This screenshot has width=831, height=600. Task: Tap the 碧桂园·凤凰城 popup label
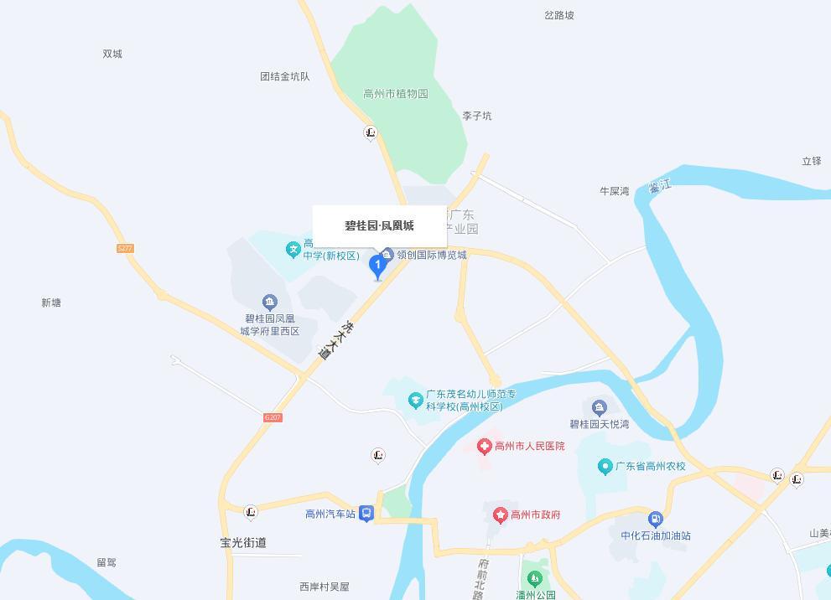379,225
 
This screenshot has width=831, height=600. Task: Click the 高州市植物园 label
396,94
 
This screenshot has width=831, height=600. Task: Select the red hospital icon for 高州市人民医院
484,447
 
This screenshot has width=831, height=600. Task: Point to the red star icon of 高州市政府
501,515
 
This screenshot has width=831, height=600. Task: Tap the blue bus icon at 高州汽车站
366,514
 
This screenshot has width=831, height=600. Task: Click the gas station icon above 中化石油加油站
656,520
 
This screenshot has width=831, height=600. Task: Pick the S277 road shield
125,248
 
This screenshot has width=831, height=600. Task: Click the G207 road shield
273,417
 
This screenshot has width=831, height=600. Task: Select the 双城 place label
112,54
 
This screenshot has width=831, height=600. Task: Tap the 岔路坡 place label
559,15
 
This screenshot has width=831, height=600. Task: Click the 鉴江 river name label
660,186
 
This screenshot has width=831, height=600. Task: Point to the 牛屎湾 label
615,191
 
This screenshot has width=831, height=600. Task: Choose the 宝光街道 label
243,542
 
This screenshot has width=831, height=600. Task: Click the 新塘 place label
51,303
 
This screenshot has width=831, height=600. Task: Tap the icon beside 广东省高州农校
605,466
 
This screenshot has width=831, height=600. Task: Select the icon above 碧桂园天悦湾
599,408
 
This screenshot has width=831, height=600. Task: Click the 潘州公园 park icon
534,579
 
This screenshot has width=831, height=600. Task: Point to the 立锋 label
812,161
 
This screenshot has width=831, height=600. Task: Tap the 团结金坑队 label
285,76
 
